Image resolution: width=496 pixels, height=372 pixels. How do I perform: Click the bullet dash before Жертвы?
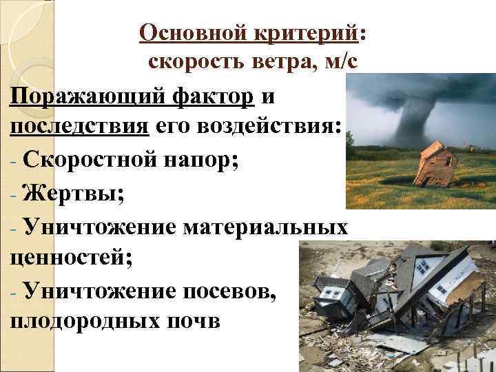[x=14, y=194]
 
